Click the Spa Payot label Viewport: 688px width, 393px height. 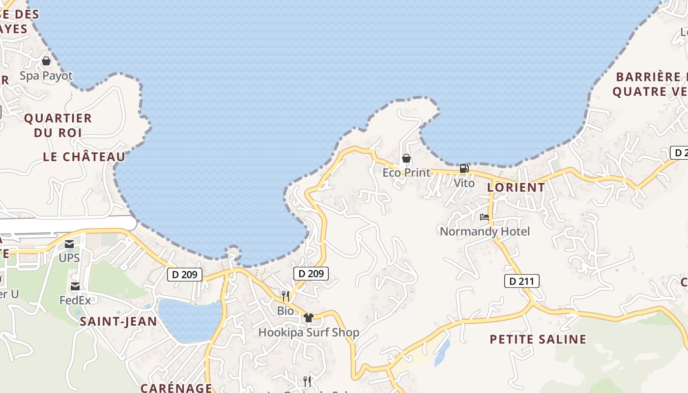click(46, 76)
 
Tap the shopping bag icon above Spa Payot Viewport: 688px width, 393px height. click(46, 61)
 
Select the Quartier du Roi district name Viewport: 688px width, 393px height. click(58, 125)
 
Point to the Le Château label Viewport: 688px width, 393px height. click(84, 157)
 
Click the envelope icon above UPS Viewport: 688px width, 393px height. click(69, 244)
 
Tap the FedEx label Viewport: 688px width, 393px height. click(75, 300)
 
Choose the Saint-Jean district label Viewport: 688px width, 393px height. click(118, 322)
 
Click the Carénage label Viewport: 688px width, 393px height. click(176, 388)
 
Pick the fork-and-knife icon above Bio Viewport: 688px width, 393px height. click(286, 296)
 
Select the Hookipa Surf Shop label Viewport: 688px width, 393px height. click(309, 333)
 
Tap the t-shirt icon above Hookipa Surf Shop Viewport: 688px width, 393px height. click(309, 318)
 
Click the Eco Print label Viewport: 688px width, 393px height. click(406, 172)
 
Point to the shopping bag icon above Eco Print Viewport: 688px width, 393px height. click(406, 158)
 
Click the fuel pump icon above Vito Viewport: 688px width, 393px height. click(464, 169)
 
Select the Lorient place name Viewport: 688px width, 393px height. click(516, 187)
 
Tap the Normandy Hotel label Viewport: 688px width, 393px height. click(485, 231)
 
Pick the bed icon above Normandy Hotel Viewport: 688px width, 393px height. click(485, 217)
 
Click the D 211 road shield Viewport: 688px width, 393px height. click(522, 281)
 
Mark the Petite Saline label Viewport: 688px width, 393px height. click(538, 339)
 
